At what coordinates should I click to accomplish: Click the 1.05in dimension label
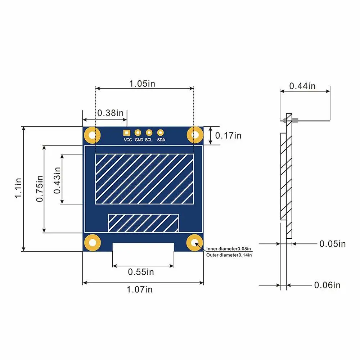142,84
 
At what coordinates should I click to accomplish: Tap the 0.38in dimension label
110,113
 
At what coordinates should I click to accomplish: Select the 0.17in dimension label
228,135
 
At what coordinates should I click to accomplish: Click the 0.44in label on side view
302,86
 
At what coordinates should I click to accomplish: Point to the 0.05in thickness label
332,244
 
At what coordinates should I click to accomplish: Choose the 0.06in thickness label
327,285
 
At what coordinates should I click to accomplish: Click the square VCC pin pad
126,132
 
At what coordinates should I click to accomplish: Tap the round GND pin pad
138,132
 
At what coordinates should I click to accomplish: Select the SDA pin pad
161,132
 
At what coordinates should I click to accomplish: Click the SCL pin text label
149,140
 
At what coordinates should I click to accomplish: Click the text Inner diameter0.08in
229,249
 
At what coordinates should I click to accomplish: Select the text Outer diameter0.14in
229,255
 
